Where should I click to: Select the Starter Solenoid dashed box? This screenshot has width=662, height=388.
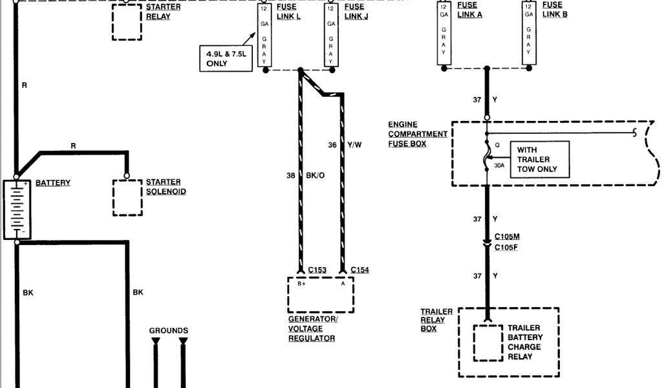tap(127, 197)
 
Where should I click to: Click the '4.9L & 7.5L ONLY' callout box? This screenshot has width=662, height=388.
tap(224, 59)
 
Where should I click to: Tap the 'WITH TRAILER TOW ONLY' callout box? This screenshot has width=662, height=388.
tap(539, 160)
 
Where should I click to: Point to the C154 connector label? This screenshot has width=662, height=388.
tap(359, 270)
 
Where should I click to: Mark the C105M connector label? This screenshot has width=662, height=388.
tap(507, 237)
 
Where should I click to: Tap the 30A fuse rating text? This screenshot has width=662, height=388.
tap(500, 166)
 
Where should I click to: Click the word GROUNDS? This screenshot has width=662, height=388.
tap(169, 330)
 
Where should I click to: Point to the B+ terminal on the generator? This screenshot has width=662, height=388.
tap(301, 284)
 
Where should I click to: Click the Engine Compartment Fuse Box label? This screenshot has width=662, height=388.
tap(418, 134)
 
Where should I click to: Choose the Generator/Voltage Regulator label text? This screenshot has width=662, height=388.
tap(313, 329)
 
